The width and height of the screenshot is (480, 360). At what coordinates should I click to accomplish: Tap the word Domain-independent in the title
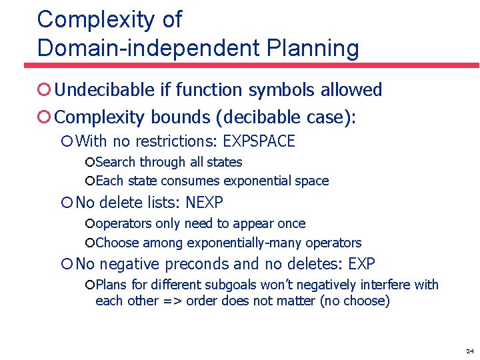147,49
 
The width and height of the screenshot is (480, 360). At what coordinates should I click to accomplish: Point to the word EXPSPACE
259,141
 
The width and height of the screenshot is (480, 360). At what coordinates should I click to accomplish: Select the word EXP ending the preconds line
361,264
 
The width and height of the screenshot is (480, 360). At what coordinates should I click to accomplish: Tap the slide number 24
469,351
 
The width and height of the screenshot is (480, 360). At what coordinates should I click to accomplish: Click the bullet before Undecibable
44,90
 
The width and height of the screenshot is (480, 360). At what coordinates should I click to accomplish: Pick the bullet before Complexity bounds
44,118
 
